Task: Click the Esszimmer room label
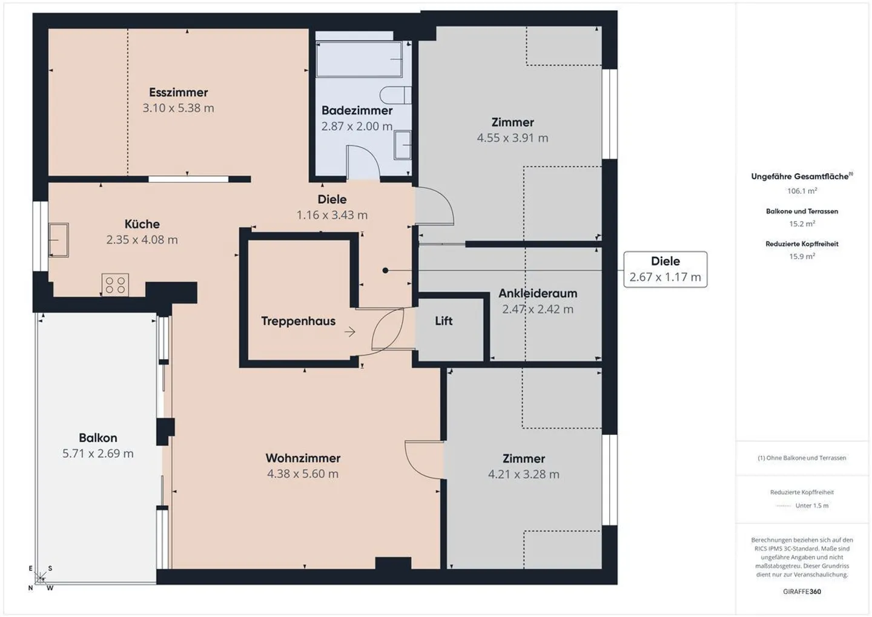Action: (x=178, y=93)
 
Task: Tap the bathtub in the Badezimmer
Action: (x=358, y=59)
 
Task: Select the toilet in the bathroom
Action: (x=395, y=95)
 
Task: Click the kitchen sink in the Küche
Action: (x=59, y=240)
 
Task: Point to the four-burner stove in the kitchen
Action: (x=115, y=285)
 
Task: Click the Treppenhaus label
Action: (x=298, y=322)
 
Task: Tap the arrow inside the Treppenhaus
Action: (x=350, y=332)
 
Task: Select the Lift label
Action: (x=443, y=321)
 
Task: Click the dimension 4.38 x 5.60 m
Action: (x=303, y=474)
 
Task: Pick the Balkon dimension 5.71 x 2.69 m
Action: (x=98, y=454)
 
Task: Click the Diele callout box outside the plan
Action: (x=665, y=269)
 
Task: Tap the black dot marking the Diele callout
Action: (x=385, y=271)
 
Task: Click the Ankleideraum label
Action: (x=537, y=294)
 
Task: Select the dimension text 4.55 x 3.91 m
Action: (x=512, y=138)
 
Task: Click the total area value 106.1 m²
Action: (x=802, y=191)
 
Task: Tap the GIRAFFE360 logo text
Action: (x=802, y=592)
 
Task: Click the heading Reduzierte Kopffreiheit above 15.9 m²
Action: (x=802, y=244)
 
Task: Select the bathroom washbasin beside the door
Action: (x=402, y=145)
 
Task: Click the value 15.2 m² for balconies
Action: (x=802, y=223)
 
